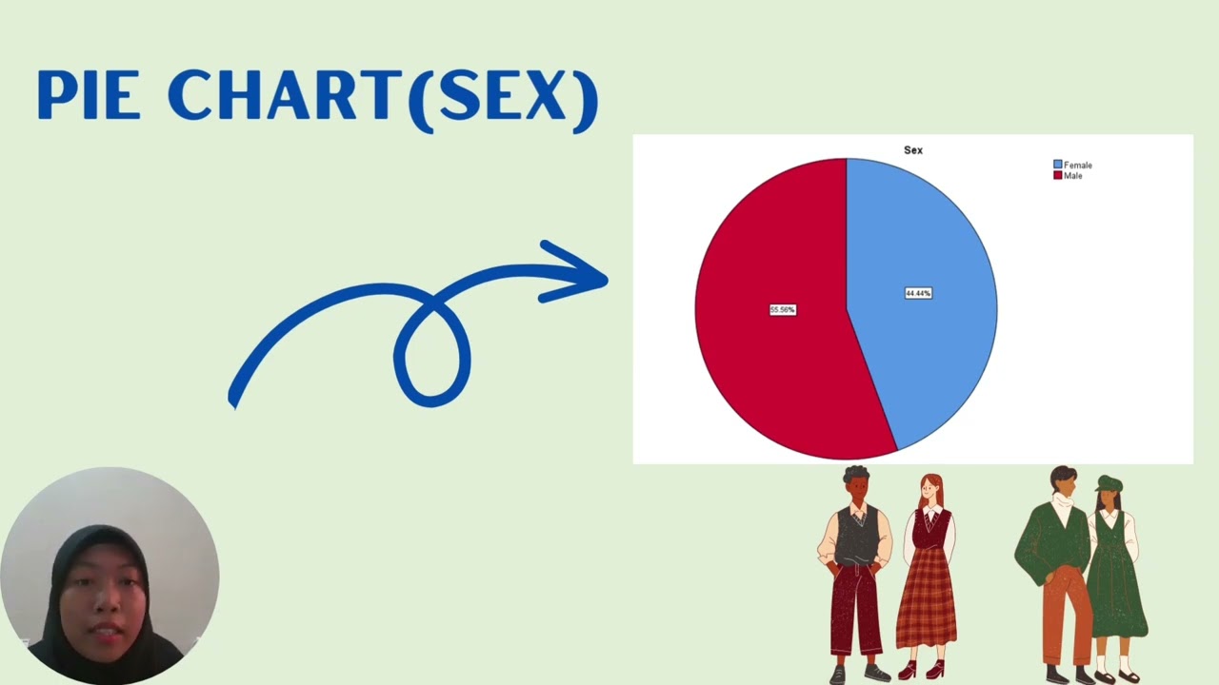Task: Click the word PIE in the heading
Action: click(x=89, y=95)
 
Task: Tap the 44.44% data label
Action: click(x=918, y=293)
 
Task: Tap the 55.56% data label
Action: click(x=782, y=310)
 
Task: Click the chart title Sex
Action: click(x=912, y=150)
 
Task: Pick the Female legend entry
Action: click(x=1077, y=166)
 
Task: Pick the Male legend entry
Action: click(x=1072, y=176)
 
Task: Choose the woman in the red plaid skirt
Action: click(x=927, y=580)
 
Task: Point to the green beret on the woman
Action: click(x=1109, y=483)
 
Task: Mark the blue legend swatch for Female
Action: click(x=1057, y=166)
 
